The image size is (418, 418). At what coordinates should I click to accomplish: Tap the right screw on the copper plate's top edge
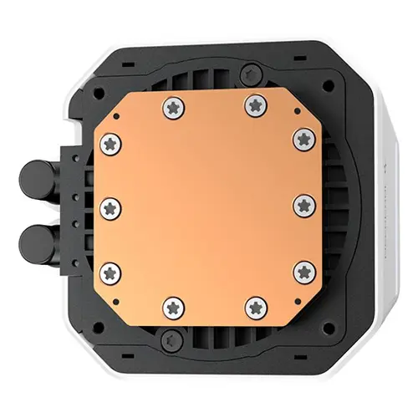pyautogui.click(x=253, y=104)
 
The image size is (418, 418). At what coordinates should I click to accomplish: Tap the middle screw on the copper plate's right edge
pyautogui.click(x=304, y=203)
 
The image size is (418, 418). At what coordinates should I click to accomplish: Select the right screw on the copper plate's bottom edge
pyautogui.click(x=252, y=307)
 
